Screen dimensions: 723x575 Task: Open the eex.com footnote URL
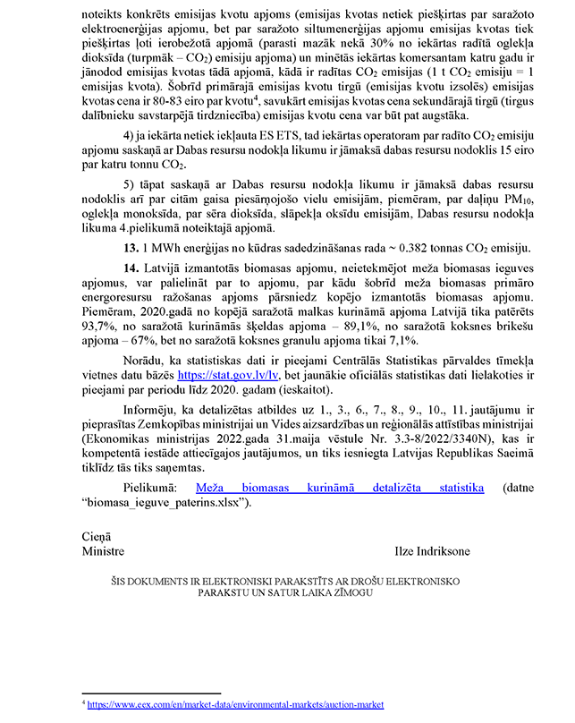tap(235, 705)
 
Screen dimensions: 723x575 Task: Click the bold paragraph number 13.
tap(131, 247)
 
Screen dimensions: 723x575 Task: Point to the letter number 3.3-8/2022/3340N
tap(398, 438)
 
